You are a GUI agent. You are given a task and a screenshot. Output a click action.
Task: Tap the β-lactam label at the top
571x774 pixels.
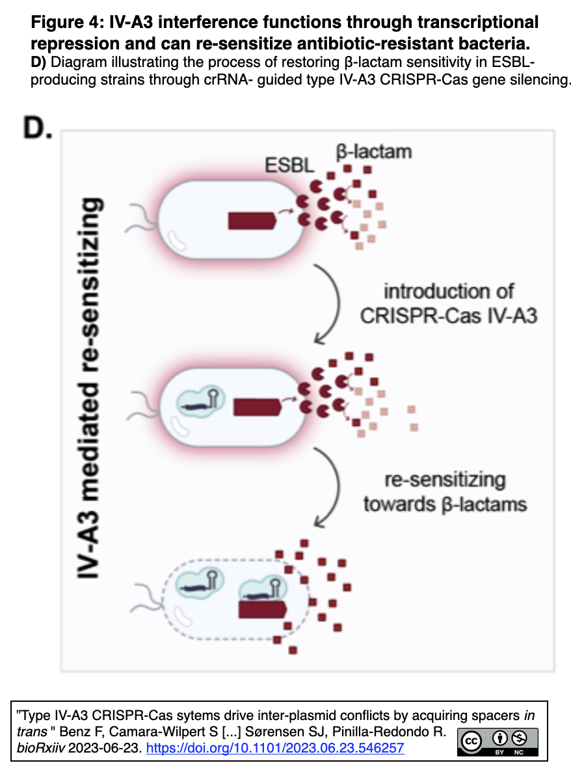click(x=373, y=152)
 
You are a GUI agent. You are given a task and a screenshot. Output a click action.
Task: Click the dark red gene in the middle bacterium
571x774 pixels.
click(x=256, y=407)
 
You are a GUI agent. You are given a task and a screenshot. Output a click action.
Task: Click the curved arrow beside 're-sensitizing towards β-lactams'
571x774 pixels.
click(x=328, y=487)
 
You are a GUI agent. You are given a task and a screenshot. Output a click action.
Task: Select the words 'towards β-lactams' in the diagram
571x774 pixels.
click(x=445, y=503)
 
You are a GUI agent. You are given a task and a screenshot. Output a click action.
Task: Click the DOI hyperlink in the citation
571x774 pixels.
click(x=274, y=749)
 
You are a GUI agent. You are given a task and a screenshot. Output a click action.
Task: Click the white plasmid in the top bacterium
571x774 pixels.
click(x=176, y=241)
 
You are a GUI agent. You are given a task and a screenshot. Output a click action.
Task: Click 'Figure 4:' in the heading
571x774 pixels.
click(x=62, y=23)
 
